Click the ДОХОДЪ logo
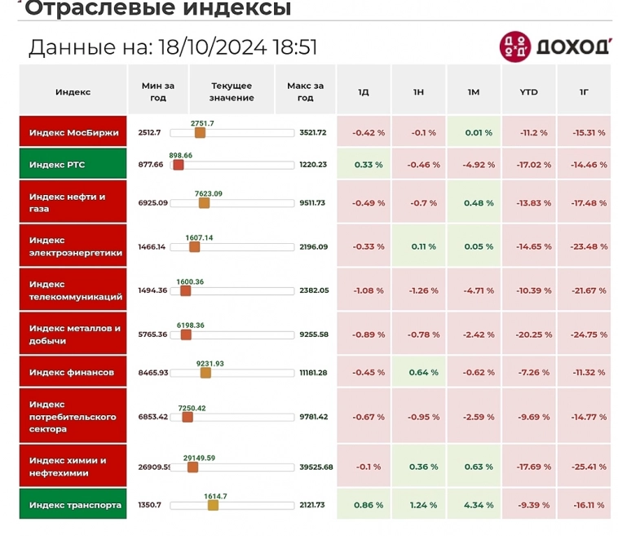pos(554,46)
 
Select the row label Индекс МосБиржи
pos(73,132)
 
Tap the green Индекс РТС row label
pos(73,165)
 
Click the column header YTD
pos(528,92)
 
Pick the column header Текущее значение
pos(232,91)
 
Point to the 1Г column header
pos(584,92)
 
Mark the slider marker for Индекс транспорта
pos(213,505)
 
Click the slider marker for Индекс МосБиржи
pos(200,132)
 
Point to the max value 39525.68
pos(316,467)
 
